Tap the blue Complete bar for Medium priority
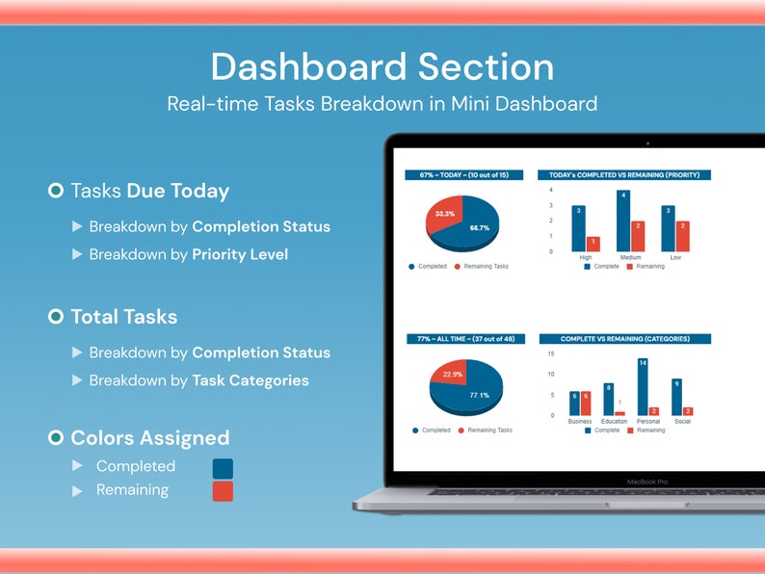pyautogui.click(x=622, y=221)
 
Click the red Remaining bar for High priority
pyautogui.click(x=593, y=244)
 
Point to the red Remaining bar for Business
pyautogui.click(x=585, y=403)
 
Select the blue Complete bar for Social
pyautogui.click(x=676, y=396)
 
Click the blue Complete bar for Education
pyautogui.click(x=608, y=399)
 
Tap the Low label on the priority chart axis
pyautogui.click(x=675, y=258)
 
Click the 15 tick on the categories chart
pyautogui.click(x=550, y=353)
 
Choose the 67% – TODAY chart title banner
pyautogui.click(x=464, y=175)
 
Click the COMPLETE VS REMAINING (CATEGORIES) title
pyautogui.click(x=623, y=339)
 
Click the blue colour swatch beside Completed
pyautogui.click(x=222, y=468)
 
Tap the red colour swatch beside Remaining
pyautogui.click(x=222, y=491)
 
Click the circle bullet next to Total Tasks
pyautogui.click(x=56, y=316)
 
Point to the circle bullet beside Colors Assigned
pyautogui.click(x=56, y=438)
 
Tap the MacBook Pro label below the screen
pyautogui.click(x=647, y=481)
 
